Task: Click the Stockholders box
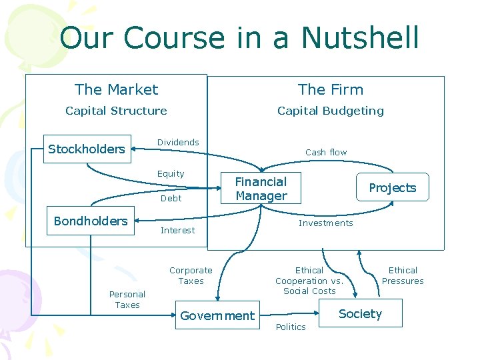[x=87, y=149]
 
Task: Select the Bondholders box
[x=91, y=221]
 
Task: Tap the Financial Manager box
[x=261, y=189]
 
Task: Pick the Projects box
[x=392, y=188]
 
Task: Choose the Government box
[x=217, y=315]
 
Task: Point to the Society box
[x=360, y=313]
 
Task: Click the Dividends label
[x=178, y=142]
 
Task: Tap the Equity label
[x=171, y=174]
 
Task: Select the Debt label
[x=171, y=198]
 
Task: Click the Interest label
[x=178, y=230]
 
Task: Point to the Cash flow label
[x=326, y=152]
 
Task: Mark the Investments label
[x=325, y=223]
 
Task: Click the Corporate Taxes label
[x=191, y=275]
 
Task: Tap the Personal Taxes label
[x=127, y=299]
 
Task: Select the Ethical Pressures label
[x=403, y=275]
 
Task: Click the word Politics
[x=291, y=327]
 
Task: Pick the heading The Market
[x=117, y=89]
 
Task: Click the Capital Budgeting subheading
[x=331, y=111]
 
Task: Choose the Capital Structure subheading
[x=116, y=111]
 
